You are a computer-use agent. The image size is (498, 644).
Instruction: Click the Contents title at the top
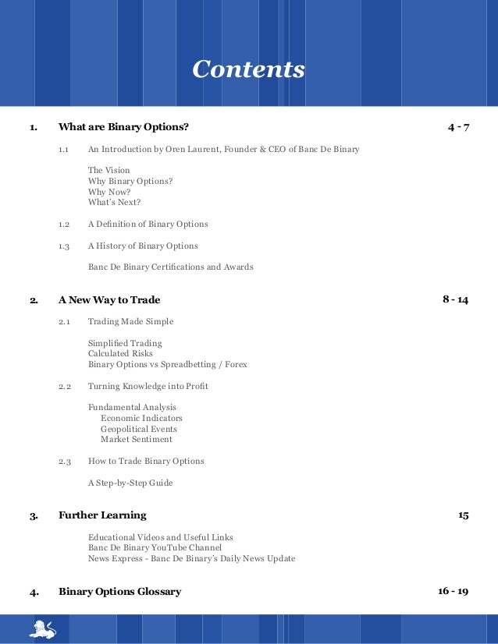[x=248, y=69]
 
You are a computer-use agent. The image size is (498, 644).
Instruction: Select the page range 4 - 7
[x=458, y=127]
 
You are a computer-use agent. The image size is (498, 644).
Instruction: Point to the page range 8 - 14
[x=455, y=299]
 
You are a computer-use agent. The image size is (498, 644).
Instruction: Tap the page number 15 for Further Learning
[x=463, y=515]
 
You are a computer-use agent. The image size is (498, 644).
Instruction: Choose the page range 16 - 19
[x=453, y=591]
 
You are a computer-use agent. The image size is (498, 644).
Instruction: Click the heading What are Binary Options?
[x=123, y=127]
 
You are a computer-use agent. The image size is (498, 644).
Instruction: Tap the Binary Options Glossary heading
[x=119, y=592]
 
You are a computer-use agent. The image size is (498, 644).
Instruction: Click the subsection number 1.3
[x=64, y=246]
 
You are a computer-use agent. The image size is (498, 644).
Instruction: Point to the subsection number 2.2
[x=65, y=387]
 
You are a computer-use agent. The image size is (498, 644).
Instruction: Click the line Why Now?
[x=109, y=192]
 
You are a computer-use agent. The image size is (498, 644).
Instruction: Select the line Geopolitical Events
[x=138, y=429]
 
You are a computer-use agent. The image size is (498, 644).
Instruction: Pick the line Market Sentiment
[x=136, y=440]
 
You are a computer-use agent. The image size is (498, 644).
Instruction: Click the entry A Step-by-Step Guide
[x=130, y=483]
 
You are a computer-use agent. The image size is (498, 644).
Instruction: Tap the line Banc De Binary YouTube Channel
[x=155, y=548]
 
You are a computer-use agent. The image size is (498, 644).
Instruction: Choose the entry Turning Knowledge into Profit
[x=148, y=387]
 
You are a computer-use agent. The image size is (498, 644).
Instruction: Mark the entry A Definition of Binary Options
[x=148, y=225]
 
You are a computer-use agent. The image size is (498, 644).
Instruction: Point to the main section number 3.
[x=34, y=516]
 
